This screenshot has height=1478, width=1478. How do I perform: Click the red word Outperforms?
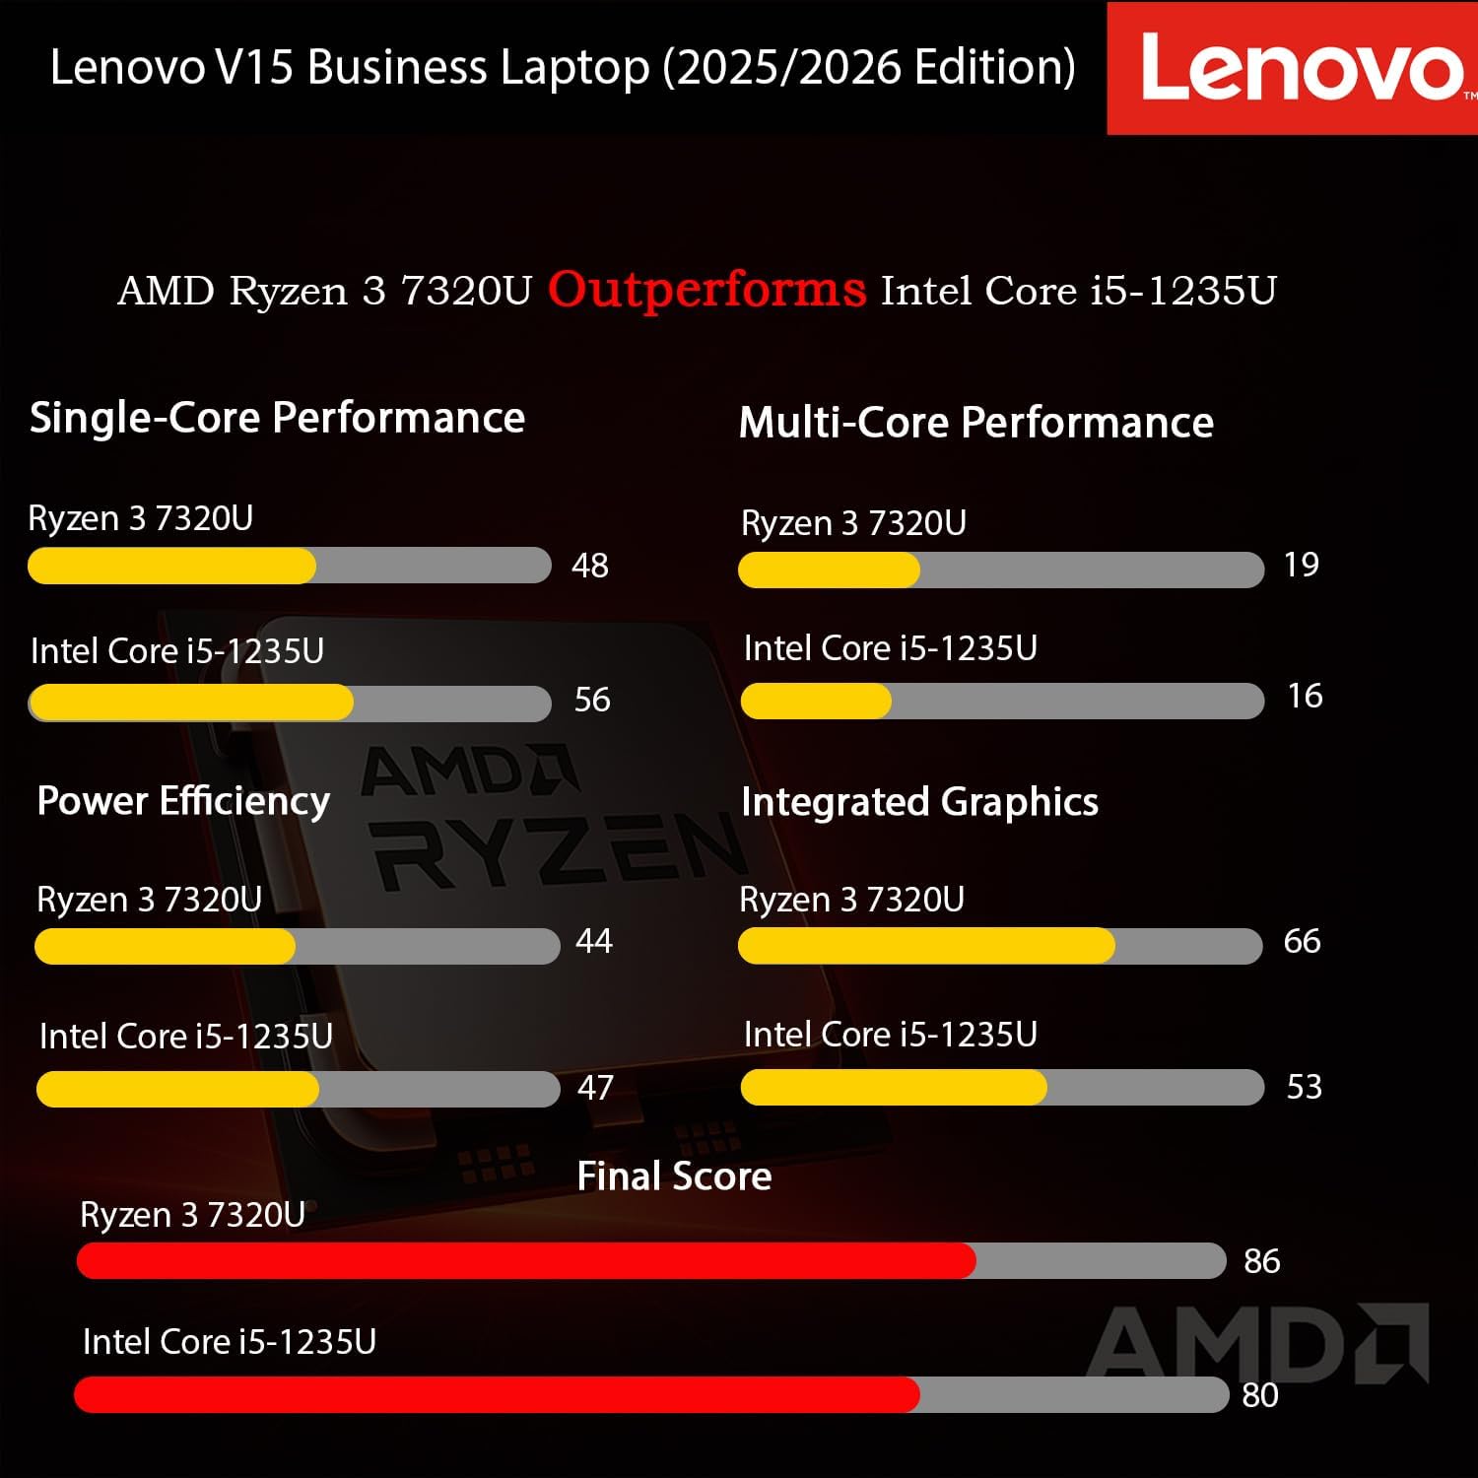coord(706,290)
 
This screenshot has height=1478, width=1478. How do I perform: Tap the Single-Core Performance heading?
coord(277,418)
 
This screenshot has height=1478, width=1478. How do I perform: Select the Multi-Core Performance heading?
coord(975,423)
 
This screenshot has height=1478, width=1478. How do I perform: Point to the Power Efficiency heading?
coord(183,801)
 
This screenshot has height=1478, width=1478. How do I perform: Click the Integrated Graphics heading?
coord(919,802)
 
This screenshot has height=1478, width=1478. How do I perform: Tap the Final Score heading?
coord(674,1176)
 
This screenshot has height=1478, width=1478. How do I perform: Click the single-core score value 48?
coord(590,566)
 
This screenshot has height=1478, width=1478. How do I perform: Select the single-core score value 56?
coord(592,700)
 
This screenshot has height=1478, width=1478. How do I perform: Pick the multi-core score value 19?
coord(1301,565)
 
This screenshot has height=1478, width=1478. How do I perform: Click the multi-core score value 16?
coord(1305,697)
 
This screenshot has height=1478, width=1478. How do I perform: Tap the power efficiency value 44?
coord(594,941)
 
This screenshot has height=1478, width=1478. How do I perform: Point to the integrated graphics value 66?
coord(1302,941)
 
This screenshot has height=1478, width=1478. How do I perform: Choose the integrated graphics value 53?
coord(1304,1087)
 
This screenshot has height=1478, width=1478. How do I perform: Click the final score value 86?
coord(1261,1261)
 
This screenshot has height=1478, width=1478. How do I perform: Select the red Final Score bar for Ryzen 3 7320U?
coord(526,1261)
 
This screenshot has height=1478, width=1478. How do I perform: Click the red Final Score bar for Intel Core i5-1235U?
coord(497,1394)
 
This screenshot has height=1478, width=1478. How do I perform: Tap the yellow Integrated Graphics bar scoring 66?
coord(926,946)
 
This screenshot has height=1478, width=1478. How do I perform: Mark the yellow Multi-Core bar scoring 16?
coord(816,702)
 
